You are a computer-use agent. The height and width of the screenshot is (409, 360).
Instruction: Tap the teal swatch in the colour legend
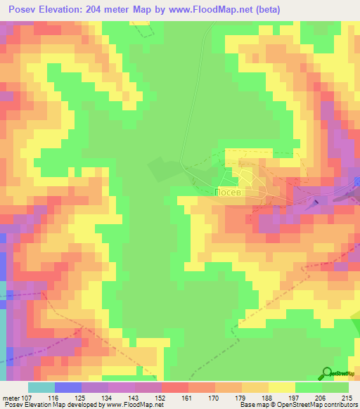pyautogui.click(x=41, y=387)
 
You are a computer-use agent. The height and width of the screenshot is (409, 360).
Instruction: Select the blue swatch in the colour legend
pyautogui.click(x=68, y=387)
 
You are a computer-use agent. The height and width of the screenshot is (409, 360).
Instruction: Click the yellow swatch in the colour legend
pyautogui.click(x=282, y=387)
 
